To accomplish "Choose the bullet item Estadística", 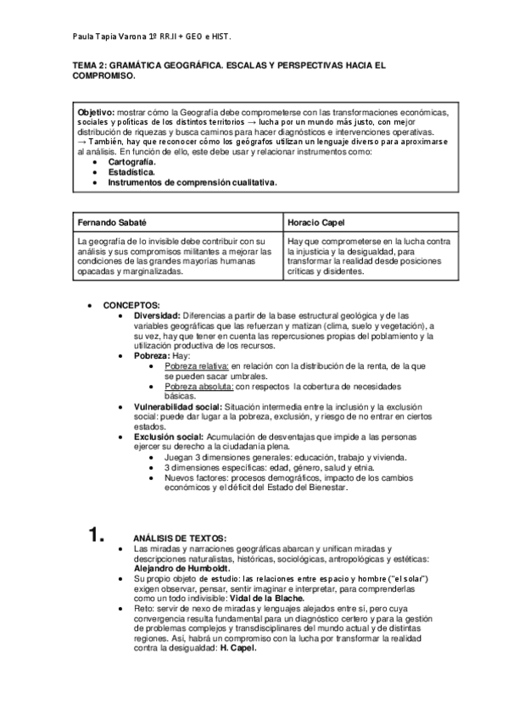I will [131, 171].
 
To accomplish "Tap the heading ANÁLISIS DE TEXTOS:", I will [180, 539].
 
